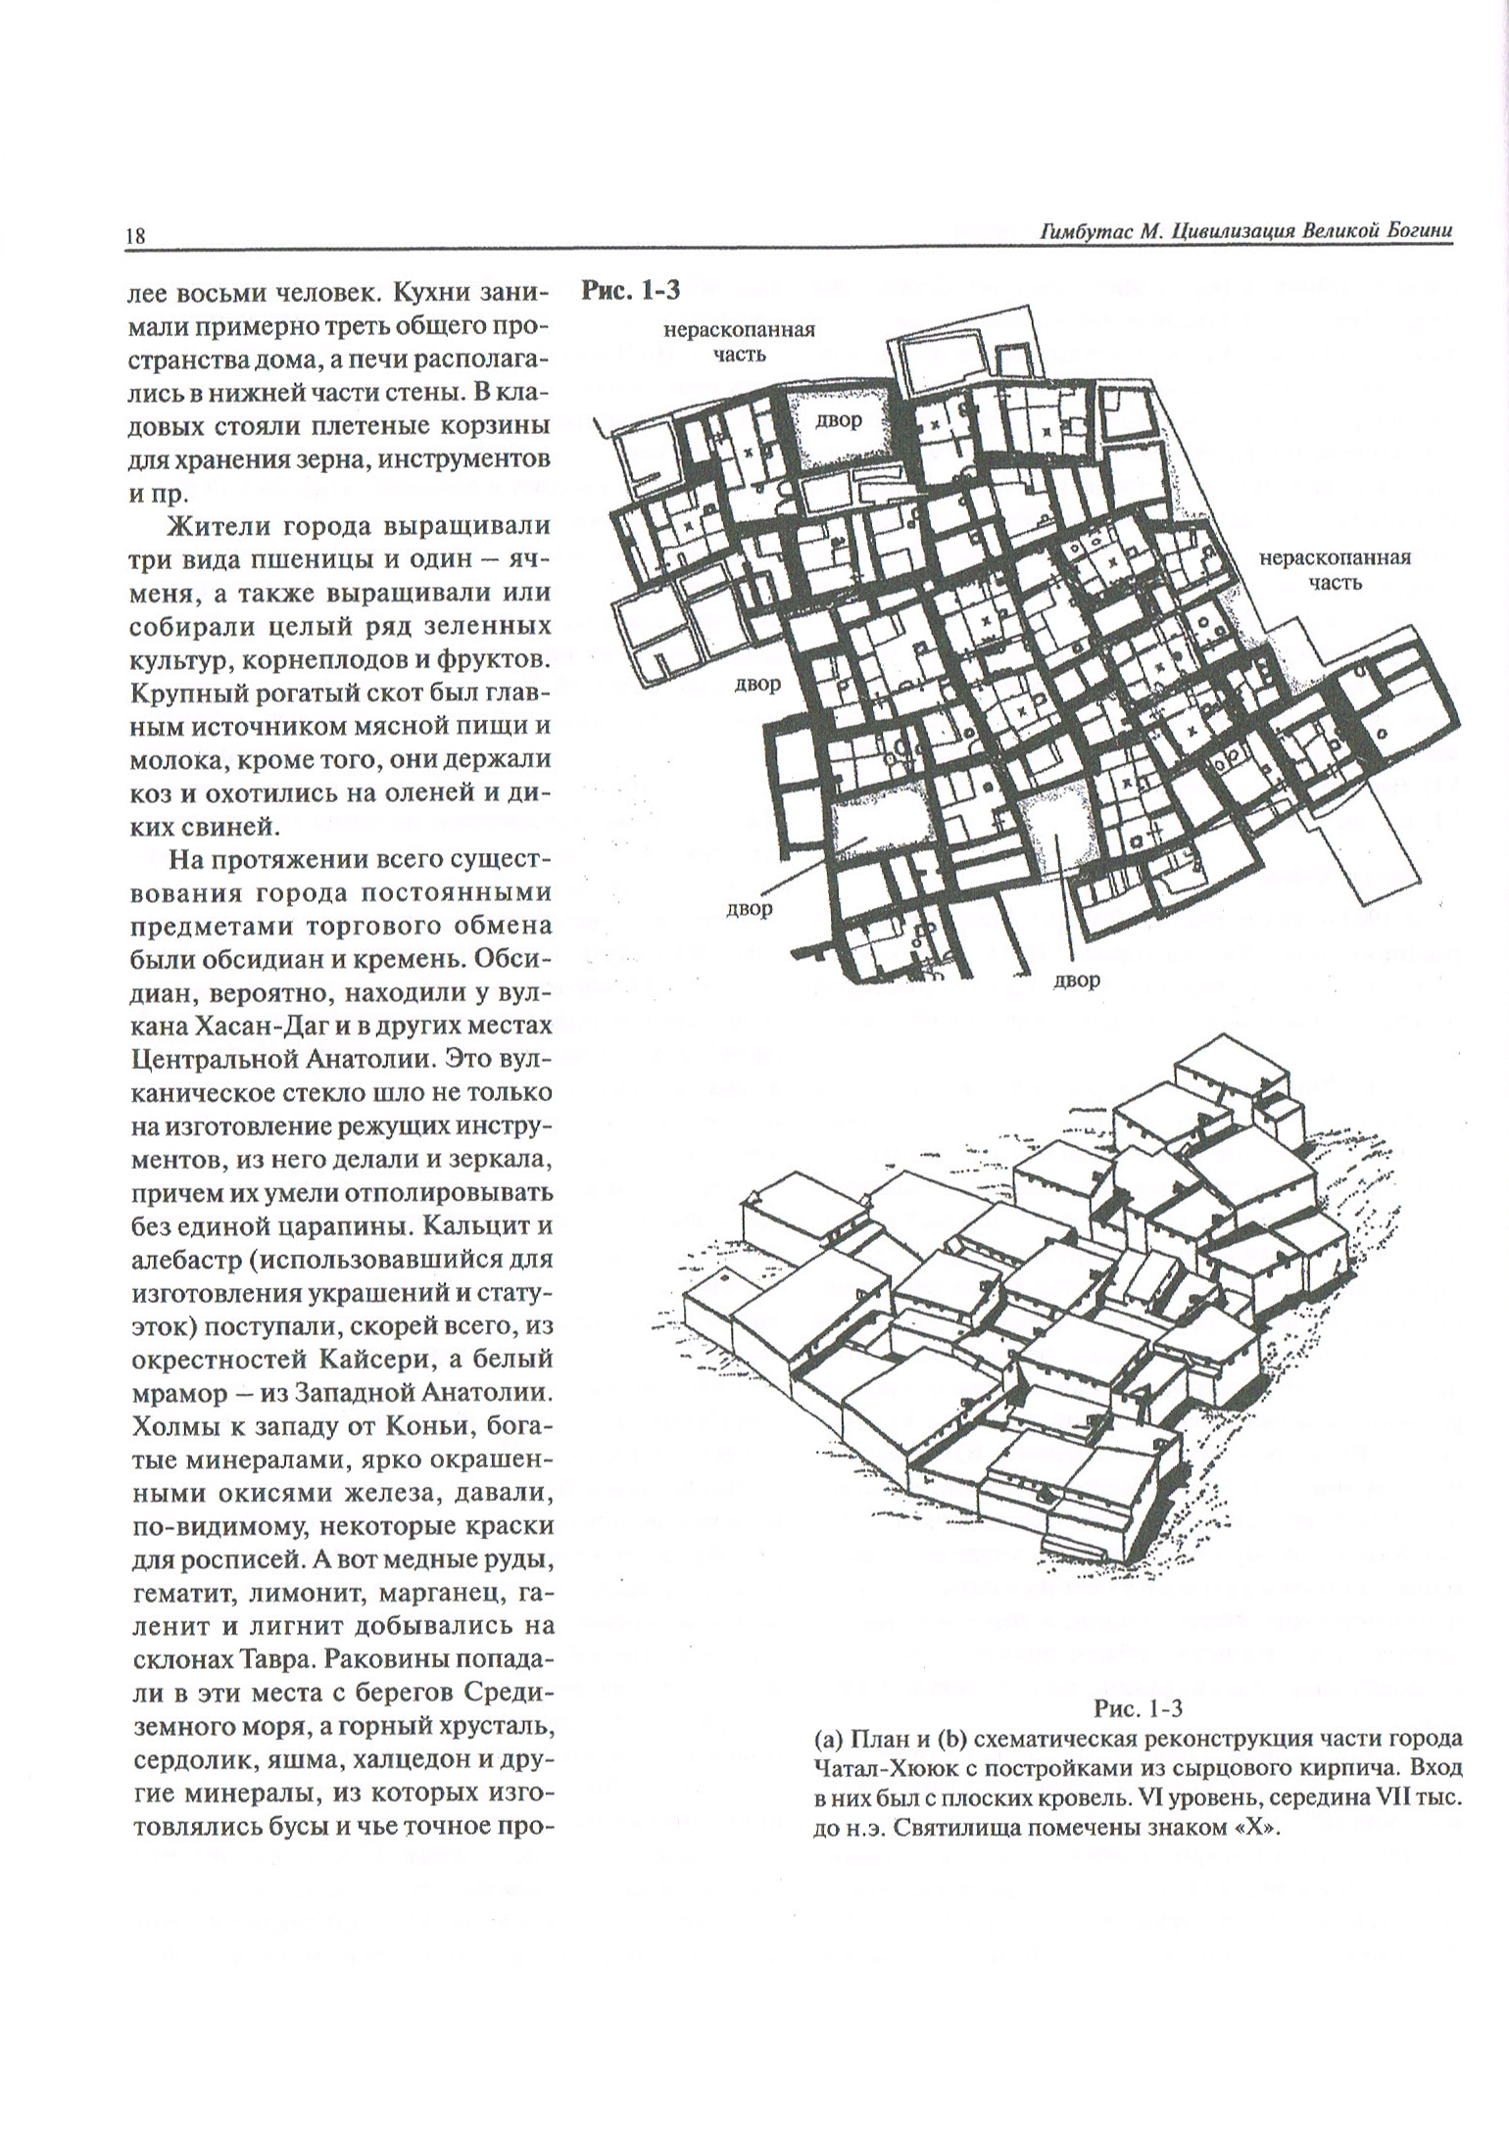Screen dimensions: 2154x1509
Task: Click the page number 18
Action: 134,236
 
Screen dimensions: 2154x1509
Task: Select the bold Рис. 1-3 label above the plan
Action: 631,290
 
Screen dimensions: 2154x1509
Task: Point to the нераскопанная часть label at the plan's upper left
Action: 739,342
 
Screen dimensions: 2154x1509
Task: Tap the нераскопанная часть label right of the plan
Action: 1335,570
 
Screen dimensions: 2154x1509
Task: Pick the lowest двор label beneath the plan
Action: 1076,980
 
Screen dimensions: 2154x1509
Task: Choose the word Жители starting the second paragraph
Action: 219,526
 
